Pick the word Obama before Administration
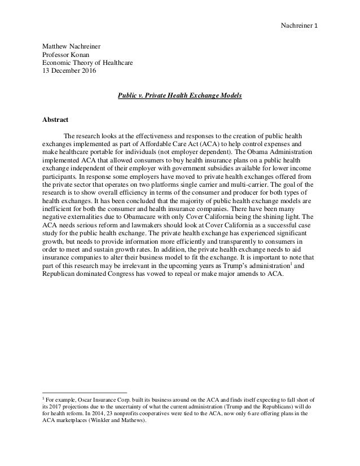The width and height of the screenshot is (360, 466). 253,152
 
